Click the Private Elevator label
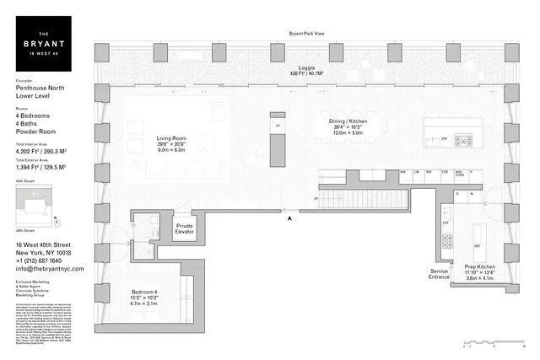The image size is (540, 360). pyautogui.click(x=185, y=228)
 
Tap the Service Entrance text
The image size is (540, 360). pyautogui.click(x=439, y=274)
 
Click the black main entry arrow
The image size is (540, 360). pyautogui.click(x=290, y=218)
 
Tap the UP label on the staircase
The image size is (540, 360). pyautogui.click(x=316, y=199)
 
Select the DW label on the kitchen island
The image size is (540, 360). pyautogui.click(x=444, y=137)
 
